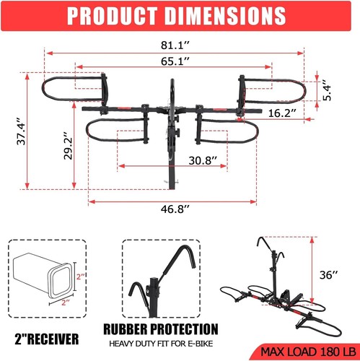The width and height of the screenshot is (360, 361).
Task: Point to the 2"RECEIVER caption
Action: pyautogui.click(x=47, y=336)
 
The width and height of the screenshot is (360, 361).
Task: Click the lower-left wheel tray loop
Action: pyautogui.click(x=115, y=131)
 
